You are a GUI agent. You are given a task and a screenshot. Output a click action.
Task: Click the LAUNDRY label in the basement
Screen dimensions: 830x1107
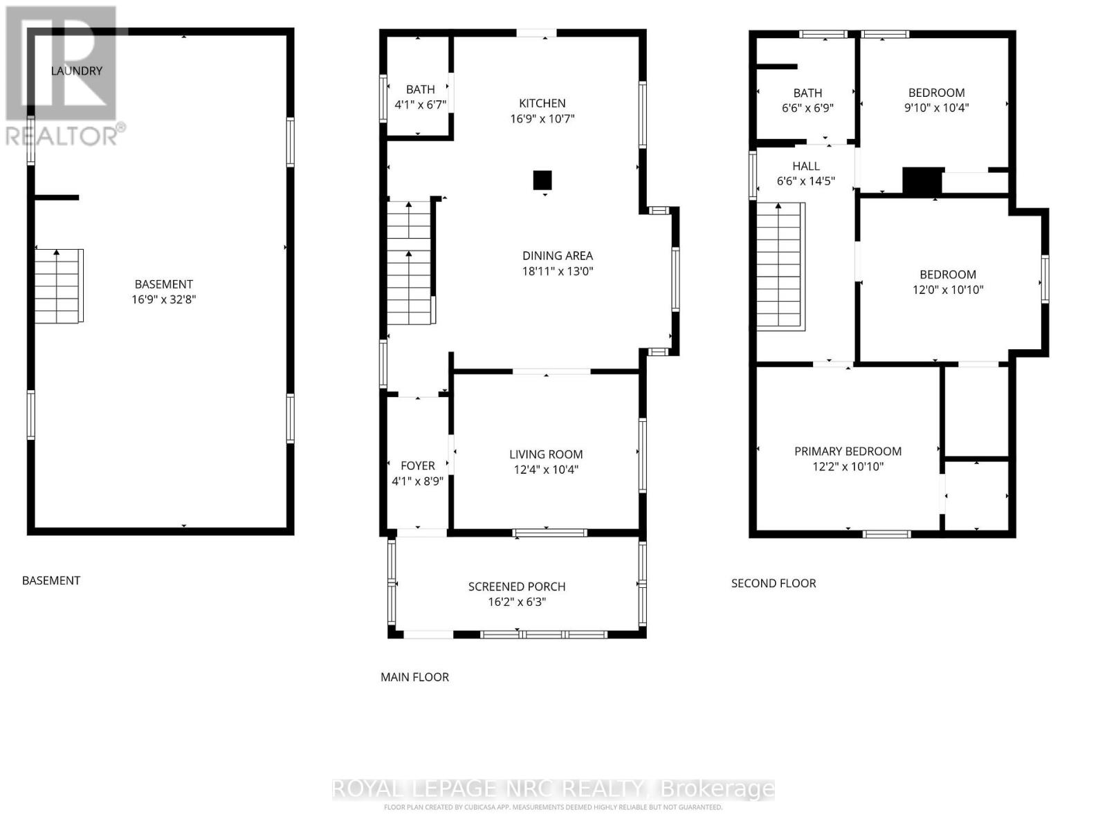(77, 71)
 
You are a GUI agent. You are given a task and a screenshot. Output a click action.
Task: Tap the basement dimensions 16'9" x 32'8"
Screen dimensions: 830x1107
(164, 299)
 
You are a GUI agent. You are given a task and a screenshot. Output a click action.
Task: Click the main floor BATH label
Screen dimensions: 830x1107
(420, 89)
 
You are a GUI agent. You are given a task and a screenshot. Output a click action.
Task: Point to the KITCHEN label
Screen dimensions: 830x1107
(542, 103)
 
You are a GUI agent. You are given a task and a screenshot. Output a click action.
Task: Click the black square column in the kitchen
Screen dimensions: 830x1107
(542, 181)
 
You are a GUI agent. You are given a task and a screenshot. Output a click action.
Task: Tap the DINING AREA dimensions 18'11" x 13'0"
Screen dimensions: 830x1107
(558, 271)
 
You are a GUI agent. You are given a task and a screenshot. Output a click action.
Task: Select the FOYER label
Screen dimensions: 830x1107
(418, 465)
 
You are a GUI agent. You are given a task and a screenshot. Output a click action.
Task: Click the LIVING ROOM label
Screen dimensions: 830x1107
(546, 454)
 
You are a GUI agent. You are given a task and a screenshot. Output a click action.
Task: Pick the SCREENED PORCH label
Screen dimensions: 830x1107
(517, 587)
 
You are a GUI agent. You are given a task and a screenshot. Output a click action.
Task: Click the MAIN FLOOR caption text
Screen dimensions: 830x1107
(414, 677)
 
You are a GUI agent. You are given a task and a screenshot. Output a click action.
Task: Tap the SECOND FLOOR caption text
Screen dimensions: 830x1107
(774, 583)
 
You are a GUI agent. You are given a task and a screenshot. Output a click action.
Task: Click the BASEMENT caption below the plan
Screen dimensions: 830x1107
(51, 580)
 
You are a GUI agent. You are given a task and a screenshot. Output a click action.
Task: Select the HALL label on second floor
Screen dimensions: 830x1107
(806, 166)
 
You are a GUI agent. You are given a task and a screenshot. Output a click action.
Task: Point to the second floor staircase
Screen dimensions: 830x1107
(780, 266)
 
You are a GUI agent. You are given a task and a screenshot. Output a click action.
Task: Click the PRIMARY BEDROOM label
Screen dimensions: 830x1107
(848, 451)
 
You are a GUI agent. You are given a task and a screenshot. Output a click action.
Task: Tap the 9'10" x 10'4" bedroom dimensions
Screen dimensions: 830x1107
(936, 108)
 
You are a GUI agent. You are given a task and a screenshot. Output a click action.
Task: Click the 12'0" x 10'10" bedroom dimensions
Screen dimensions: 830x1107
(948, 290)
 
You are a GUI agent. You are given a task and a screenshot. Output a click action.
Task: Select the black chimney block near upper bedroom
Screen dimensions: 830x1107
(922, 181)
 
